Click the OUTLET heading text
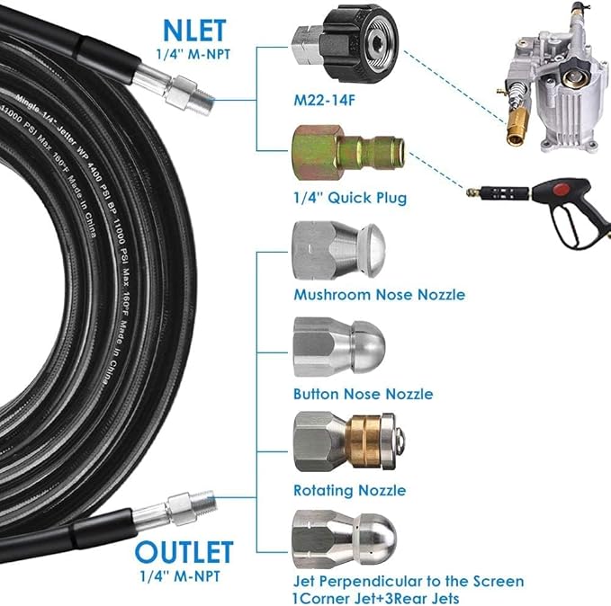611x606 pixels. point(185,551)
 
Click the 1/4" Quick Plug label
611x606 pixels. point(337,197)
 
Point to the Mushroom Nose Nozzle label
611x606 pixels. point(379,295)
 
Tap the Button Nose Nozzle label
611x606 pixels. point(363,394)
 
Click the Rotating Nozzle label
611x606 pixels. point(349,491)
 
